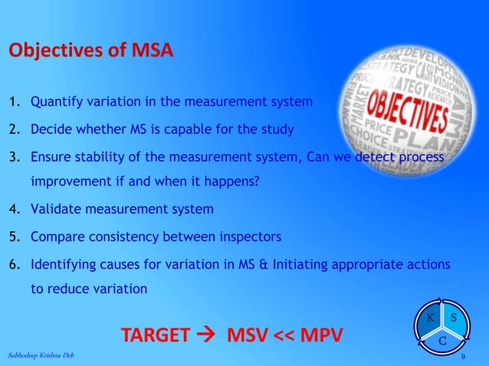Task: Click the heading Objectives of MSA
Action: click(90, 51)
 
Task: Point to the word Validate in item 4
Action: click(56, 208)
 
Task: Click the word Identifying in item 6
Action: click(62, 264)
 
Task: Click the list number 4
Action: click(14, 208)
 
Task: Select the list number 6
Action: click(14, 264)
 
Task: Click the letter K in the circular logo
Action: click(431, 318)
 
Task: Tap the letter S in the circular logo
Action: click(454, 318)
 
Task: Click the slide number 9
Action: click(463, 358)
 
